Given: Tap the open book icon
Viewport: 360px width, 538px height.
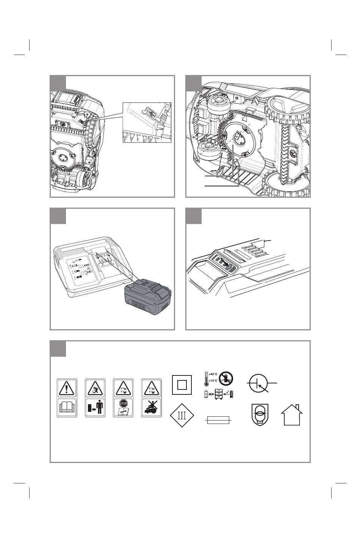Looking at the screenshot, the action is coord(67,407).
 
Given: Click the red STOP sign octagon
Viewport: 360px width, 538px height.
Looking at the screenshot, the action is coord(123,403).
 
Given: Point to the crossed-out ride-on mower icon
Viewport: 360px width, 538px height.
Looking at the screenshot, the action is coord(152,407).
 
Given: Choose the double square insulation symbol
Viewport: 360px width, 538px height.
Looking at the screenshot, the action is coord(182,385).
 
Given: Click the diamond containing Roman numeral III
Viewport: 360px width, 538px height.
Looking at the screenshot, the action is coord(182,415).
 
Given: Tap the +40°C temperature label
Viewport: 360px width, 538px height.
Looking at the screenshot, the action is coord(213,374).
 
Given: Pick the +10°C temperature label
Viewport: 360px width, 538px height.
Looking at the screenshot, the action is coord(213,381).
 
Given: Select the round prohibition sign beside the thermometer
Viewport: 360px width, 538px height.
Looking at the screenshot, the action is coord(226,378).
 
